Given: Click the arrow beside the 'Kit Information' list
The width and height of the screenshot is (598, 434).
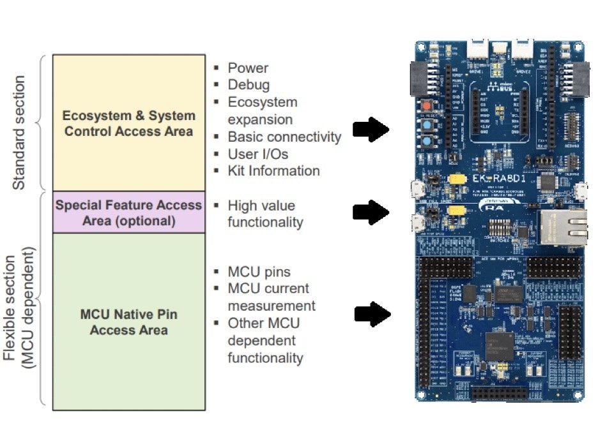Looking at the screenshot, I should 371,130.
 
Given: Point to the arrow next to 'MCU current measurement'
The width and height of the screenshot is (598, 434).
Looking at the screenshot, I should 372,313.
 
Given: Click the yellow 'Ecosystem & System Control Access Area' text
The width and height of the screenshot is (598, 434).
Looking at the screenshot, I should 129,124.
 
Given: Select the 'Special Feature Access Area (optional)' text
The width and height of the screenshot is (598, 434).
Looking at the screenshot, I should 129,213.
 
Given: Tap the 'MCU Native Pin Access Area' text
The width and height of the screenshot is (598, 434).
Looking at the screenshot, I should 129,322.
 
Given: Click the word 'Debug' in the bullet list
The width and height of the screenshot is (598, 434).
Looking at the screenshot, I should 249,85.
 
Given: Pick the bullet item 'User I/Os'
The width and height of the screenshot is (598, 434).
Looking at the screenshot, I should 258,154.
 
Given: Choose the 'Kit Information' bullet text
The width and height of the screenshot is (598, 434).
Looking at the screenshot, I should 273,171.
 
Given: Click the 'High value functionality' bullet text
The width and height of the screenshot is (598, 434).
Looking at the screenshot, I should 264,214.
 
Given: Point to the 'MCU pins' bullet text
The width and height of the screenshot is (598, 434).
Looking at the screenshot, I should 259,272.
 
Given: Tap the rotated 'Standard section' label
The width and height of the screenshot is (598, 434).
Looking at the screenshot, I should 19,133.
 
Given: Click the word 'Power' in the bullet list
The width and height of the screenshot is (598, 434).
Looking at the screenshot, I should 248,68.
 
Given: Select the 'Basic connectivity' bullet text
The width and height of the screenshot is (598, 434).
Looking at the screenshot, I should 284,137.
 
